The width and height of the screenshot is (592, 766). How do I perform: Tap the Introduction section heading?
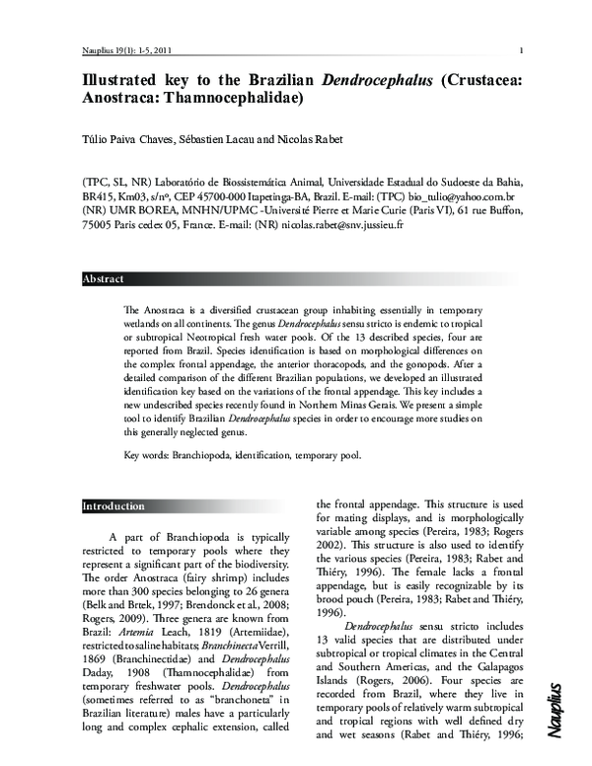tap(112, 506)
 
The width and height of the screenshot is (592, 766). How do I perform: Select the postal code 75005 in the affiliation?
tap(96, 225)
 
